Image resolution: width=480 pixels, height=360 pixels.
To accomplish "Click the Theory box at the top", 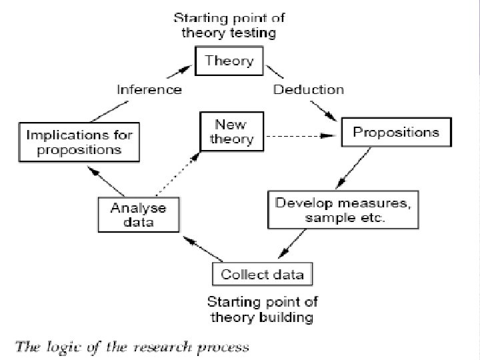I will pos(229,61).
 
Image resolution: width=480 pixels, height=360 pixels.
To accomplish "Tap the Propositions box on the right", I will pos(396,132).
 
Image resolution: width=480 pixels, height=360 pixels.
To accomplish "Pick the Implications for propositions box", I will pos(79,142).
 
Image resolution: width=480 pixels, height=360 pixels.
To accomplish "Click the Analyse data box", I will pos(138,214).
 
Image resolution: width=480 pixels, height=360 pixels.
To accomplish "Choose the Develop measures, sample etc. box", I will pos(344,209).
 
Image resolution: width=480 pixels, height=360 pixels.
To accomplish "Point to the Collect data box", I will pos(262,274).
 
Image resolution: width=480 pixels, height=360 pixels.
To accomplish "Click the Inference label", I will pos(149,89).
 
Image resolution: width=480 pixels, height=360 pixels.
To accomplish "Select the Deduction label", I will pos(309,89).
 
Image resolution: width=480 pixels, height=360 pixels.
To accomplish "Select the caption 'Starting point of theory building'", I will pos(261,309).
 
